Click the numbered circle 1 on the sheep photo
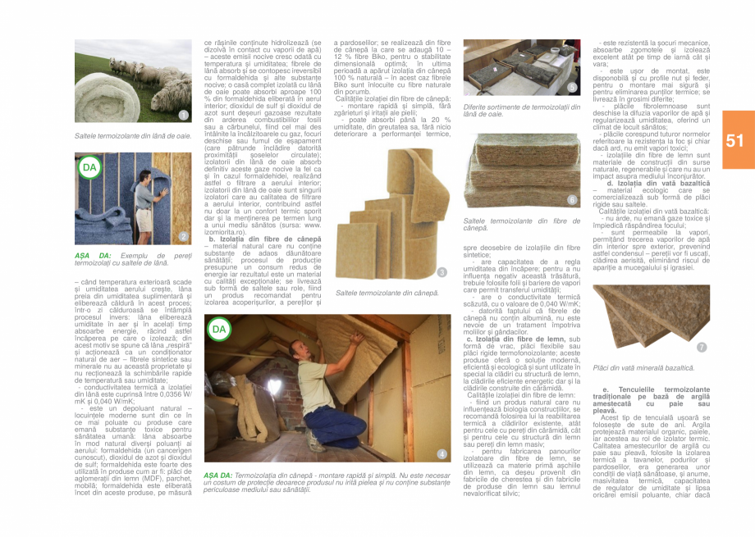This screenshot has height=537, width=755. click(x=184, y=115)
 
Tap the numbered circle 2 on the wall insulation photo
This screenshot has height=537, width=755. click(x=184, y=236)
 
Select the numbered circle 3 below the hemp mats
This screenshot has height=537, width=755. click(x=442, y=272)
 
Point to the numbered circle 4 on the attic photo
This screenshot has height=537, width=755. click(x=442, y=453)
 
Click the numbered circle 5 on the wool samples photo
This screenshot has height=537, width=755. click(x=572, y=86)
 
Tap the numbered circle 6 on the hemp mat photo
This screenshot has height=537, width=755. click(x=572, y=200)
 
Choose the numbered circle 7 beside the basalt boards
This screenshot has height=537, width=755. click(x=701, y=347)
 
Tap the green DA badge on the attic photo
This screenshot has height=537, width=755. click(x=218, y=330)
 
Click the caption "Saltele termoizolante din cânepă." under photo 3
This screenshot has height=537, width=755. click(x=387, y=293)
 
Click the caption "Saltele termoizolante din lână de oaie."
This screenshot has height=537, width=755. click(x=133, y=134)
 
